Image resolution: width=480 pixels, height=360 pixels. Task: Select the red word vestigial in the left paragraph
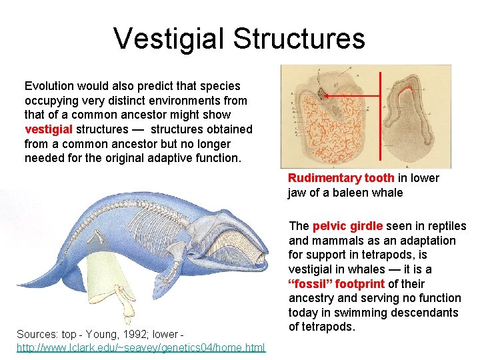click(x=49, y=129)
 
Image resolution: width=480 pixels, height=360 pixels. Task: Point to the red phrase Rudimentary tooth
click(x=341, y=178)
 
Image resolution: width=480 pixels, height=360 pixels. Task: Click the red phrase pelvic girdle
click(x=347, y=227)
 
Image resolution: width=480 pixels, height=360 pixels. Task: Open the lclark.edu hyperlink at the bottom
click(x=141, y=347)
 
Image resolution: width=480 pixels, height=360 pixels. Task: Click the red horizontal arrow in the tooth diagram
click(x=353, y=96)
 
